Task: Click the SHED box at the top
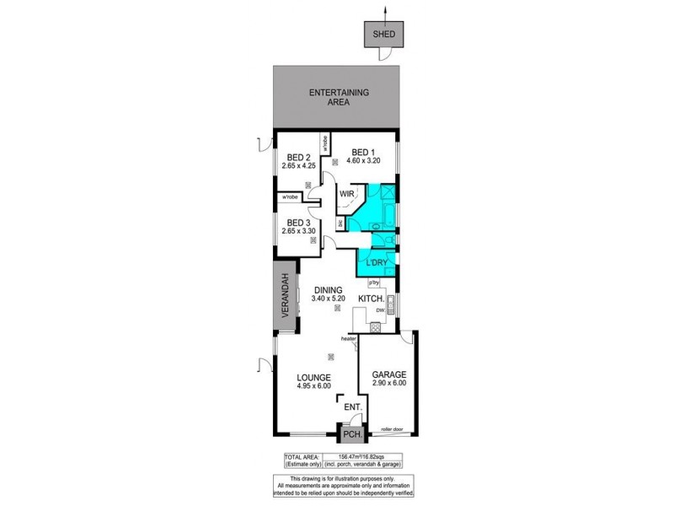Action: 384,35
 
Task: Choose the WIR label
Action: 346,194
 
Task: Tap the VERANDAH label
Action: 286,301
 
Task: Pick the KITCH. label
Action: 372,299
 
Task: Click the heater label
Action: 349,339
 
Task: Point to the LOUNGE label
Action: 312,377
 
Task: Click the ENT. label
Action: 353,408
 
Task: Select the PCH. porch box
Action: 350,436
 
